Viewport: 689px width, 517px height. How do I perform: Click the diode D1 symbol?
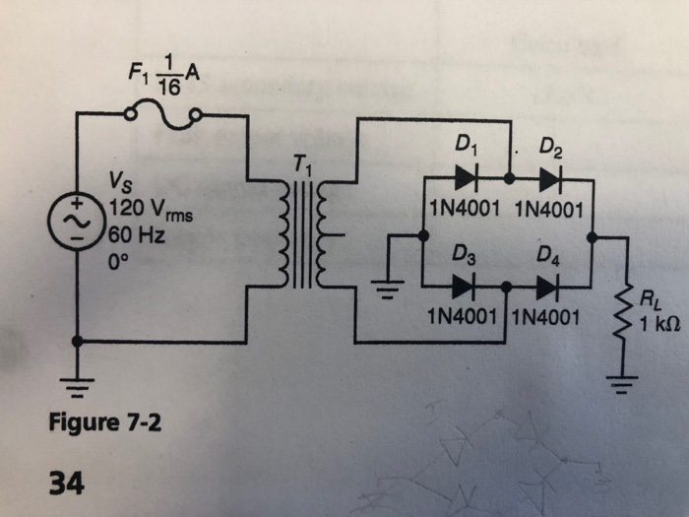pyautogui.click(x=466, y=180)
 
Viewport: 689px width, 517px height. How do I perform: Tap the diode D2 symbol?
pyautogui.click(x=550, y=180)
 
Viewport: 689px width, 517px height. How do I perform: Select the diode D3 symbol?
pyautogui.click(x=466, y=288)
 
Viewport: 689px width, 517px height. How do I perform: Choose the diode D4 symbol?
pyautogui.click(x=547, y=288)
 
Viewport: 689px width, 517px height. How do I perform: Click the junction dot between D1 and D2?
pyautogui.click(x=508, y=180)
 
